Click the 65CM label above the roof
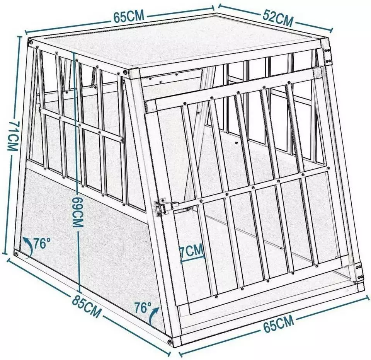click(129, 16)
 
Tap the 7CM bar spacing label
click(192, 250)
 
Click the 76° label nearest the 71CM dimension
click(42, 244)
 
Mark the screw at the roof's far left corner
click(31, 42)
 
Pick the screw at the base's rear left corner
click(16, 254)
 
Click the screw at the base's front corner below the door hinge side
click(169, 341)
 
